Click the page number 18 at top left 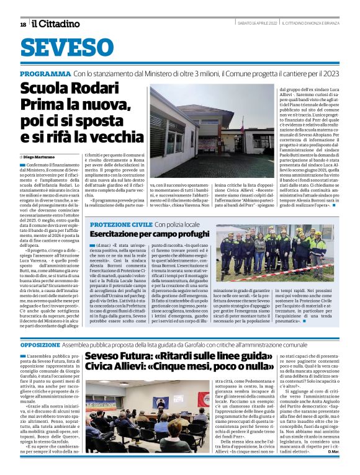click(x=23, y=24)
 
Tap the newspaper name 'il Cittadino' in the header click(x=56, y=24)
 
